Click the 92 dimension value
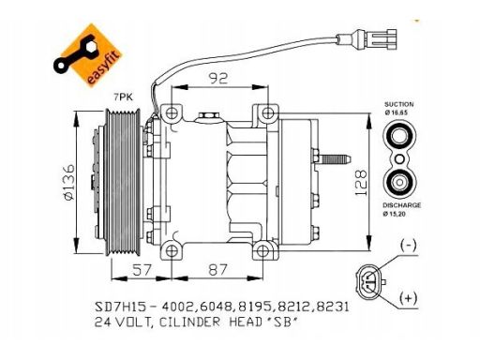click(x=218, y=78)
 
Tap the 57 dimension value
click(x=142, y=270)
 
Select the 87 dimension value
click(x=217, y=270)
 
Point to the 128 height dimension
click(x=360, y=183)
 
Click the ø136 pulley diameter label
click(x=68, y=182)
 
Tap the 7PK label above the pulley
click(x=123, y=97)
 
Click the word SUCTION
click(x=399, y=104)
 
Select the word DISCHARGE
click(x=402, y=205)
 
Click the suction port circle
click(x=399, y=137)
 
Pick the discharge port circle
click(x=399, y=182)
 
